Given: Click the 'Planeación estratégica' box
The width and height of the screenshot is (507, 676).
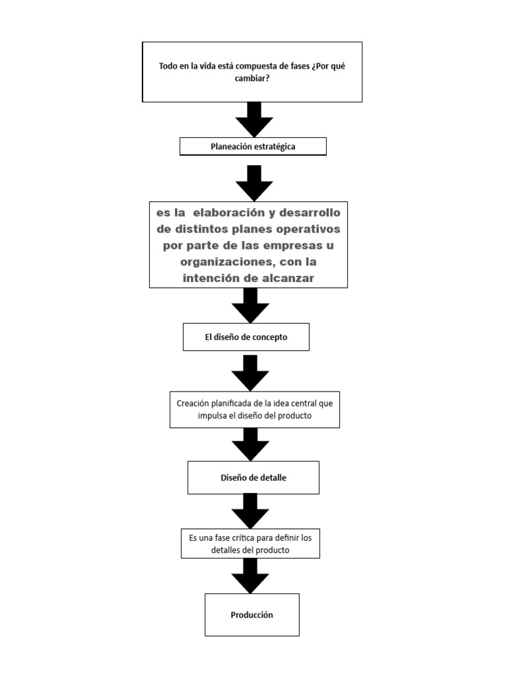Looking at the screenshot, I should click(253, 147).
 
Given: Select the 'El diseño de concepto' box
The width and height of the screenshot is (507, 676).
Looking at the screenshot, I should click(246, 337).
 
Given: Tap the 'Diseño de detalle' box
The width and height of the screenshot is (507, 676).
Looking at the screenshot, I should click(253, 477).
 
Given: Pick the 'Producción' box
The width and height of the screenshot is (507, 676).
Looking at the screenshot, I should click(252, 615).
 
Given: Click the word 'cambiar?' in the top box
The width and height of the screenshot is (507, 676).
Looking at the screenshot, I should click(252, 77).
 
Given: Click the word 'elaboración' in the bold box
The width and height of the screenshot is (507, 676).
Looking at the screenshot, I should click(232, 213).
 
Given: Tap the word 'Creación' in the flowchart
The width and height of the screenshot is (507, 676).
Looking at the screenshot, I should click(193, 403).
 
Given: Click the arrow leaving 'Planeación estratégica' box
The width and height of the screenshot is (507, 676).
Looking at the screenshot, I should click(254, 183).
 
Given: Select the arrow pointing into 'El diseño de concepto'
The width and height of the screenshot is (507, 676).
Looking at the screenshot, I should click(250, 306).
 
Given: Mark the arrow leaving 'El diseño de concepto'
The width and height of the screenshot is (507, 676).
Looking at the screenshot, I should click(250, 372).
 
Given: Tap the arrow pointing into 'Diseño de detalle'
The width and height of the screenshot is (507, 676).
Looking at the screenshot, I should click(250, 444).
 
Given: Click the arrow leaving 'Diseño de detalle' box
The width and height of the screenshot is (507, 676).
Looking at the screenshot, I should click(250, 510).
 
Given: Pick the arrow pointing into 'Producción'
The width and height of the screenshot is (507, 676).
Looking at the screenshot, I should click(250, 575).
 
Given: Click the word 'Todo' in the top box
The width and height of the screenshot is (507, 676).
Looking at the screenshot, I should click(168, 66).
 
